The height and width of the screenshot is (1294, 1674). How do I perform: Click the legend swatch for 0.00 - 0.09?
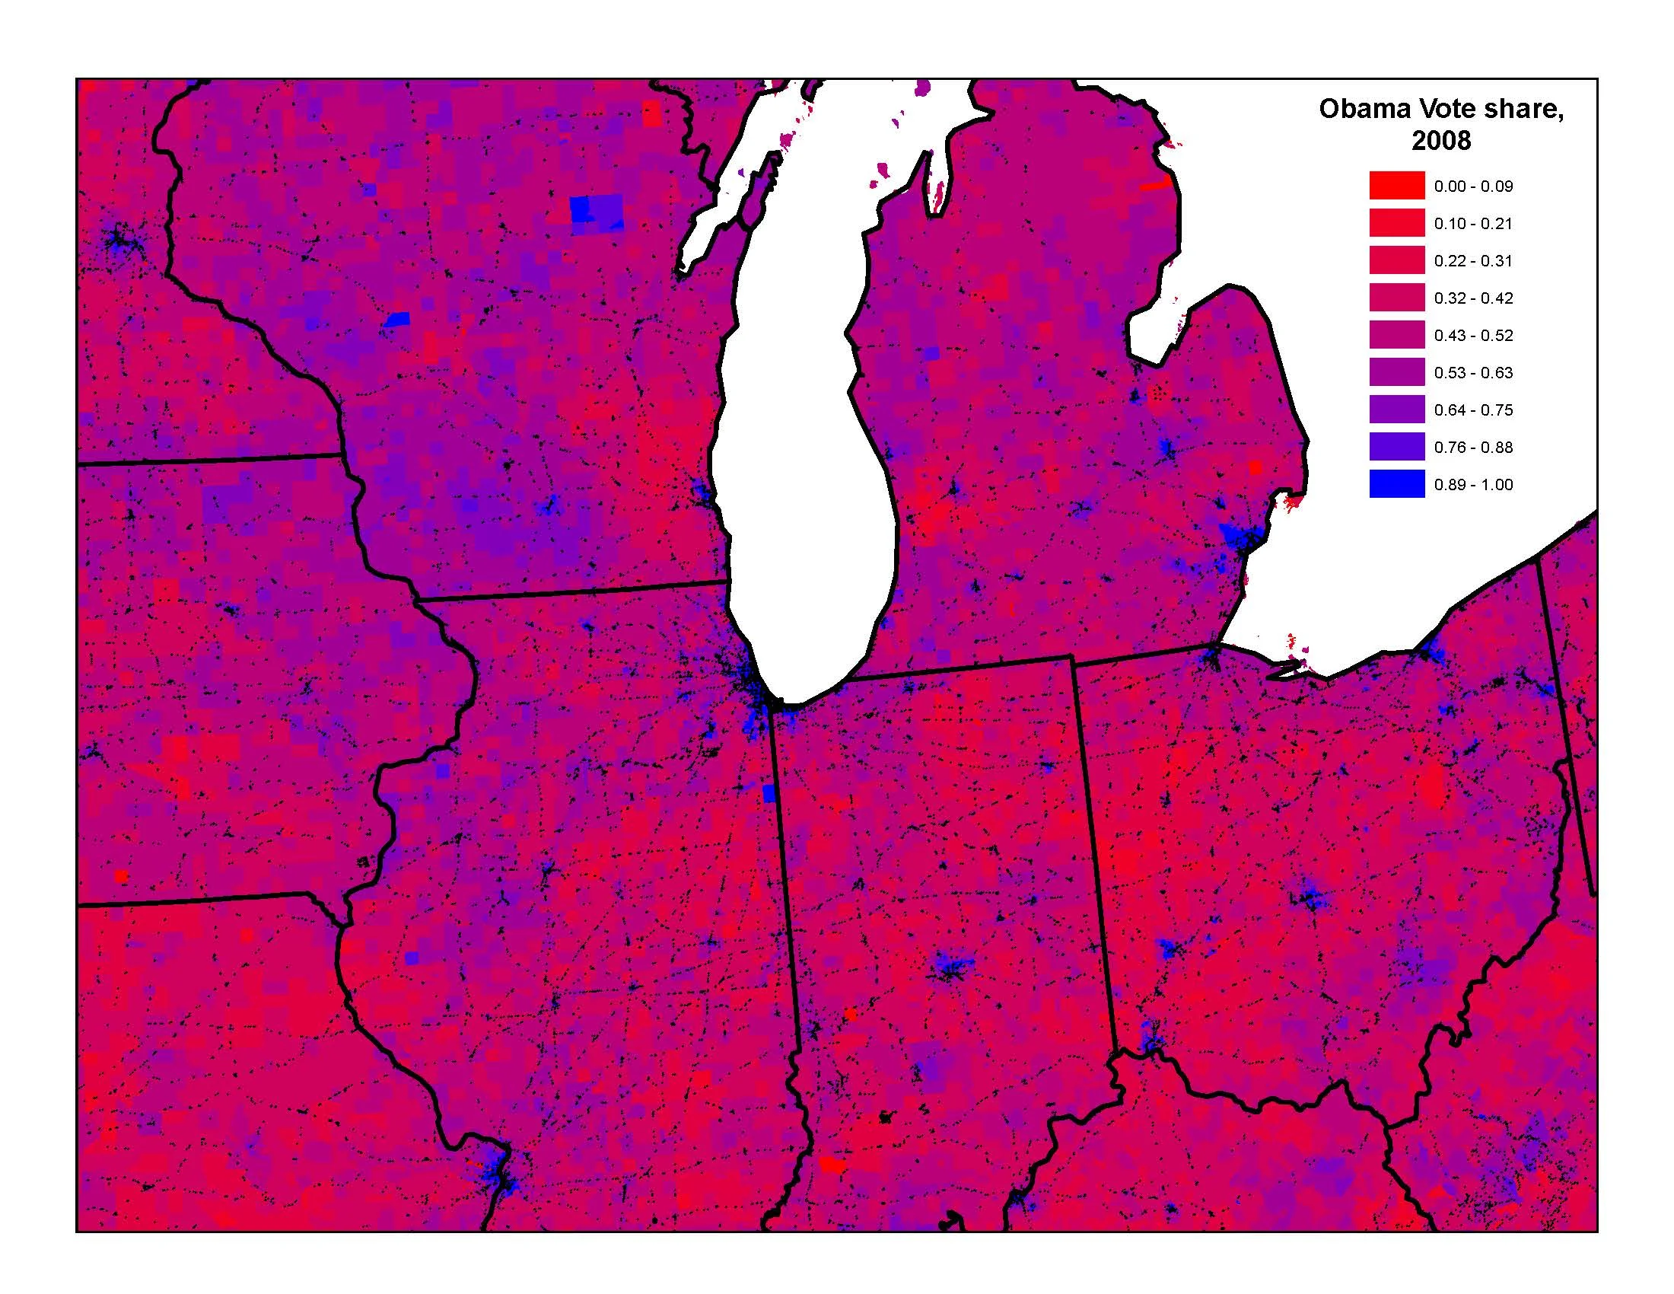pos(1396,186)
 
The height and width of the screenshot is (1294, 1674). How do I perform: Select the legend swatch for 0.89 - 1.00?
pos(1396,483)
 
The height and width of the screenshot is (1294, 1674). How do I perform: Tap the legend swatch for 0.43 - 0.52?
pos(1396,335)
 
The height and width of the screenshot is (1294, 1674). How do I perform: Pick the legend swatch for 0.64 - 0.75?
pos(1396,410)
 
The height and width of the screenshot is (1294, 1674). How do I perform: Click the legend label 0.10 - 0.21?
pos(1473,224)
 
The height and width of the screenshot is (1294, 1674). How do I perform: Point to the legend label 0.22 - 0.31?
pos(1473,260)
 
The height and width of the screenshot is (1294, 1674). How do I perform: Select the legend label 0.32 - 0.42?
pos(1473,298)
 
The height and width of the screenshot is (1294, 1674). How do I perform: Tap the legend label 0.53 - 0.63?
pos(1473,372)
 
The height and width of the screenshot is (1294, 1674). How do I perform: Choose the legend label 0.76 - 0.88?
pos(1473,447)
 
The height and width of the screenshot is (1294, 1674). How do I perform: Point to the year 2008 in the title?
pos(1441,140)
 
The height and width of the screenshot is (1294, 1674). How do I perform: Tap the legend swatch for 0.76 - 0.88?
pos(1396,447)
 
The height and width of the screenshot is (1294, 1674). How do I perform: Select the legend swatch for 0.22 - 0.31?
pos(1396,260)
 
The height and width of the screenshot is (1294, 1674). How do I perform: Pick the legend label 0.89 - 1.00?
pos(1473,484)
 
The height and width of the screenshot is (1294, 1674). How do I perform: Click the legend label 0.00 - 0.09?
pos(1473,186)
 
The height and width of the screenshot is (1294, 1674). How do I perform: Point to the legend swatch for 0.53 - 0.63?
pos(1396,372)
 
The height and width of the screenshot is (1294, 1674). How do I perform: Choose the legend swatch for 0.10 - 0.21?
pos(1396,223)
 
